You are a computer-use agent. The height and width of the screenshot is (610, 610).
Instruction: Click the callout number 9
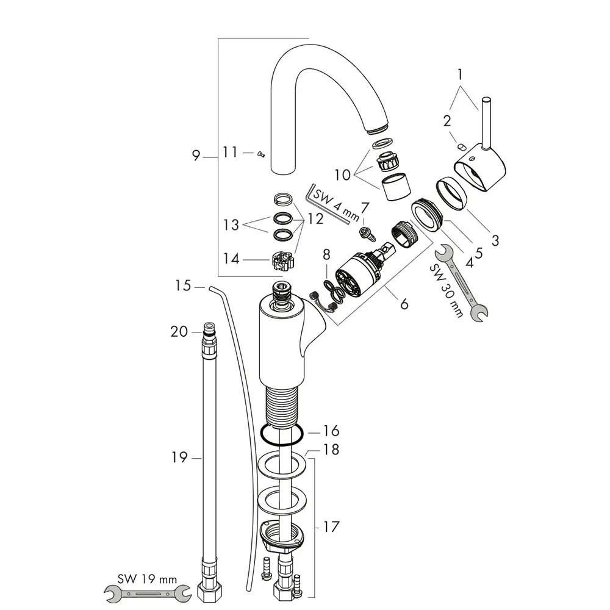click(x=195, y=156)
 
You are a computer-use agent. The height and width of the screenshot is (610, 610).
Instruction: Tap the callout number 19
click(x=179, y=456)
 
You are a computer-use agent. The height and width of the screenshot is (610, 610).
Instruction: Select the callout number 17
click(x=331, y=526)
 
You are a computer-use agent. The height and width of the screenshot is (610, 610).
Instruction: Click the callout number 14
click(x=231, y=259)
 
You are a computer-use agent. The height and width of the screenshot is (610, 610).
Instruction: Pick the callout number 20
click(x=179, y=331)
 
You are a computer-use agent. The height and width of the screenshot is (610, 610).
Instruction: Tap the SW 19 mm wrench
click(x=145, y=590)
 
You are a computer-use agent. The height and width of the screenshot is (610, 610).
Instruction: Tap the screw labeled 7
click(x=365, y=232)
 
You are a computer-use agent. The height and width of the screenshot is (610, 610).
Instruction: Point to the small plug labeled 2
click(x=461, y=146)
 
